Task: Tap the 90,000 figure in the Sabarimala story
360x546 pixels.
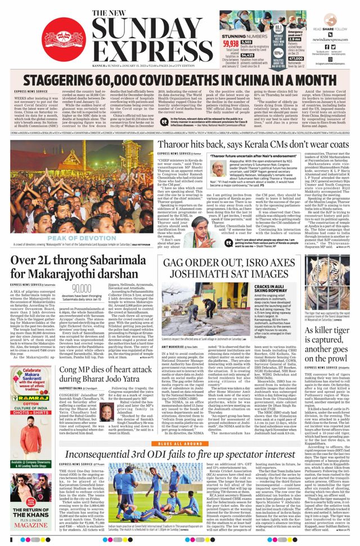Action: tap(82, 288)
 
